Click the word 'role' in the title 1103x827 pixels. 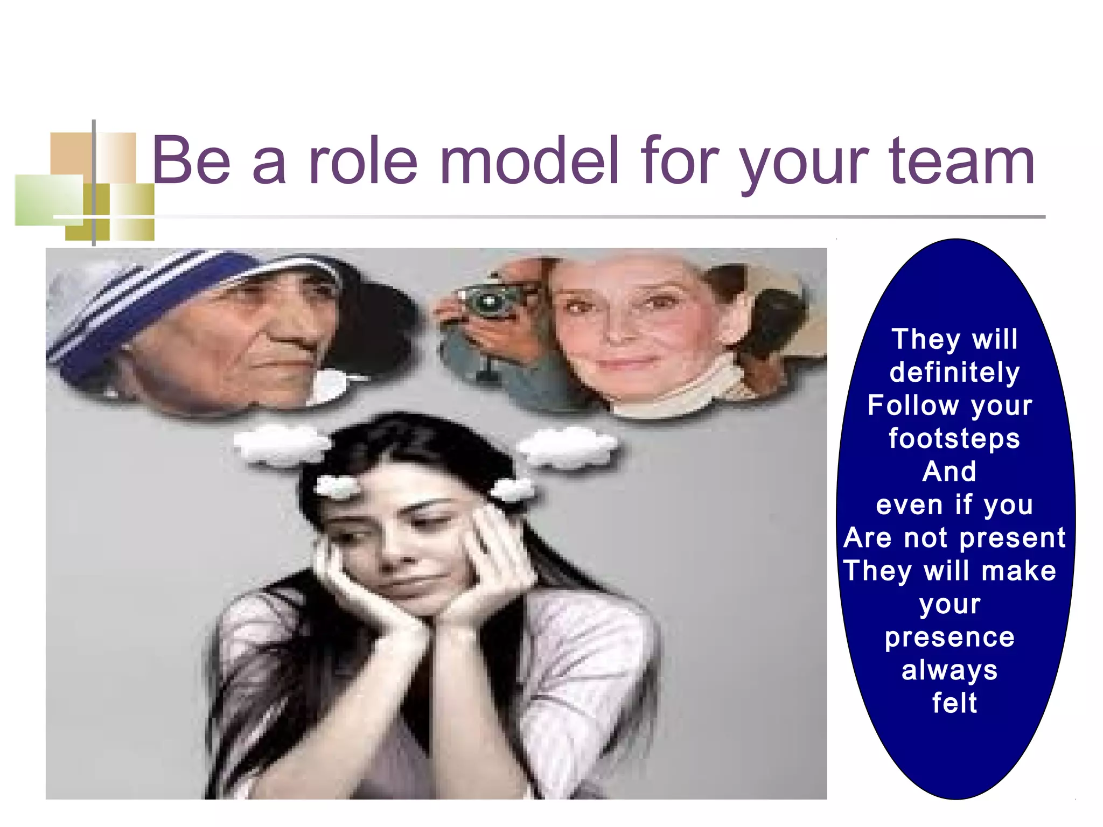click(x=363, y=160)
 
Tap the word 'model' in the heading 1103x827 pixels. click(x=529, y=160)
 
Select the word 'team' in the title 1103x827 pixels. click(x=962, y=160)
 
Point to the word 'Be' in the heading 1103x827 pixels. click(x=191, y=160)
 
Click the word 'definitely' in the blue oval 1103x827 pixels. click(x=954, y=372)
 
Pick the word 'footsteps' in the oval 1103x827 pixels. click(x=954, y=438)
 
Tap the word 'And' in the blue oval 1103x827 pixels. click(x=949, y=471)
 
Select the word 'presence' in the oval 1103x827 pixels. click(x=950, y=637)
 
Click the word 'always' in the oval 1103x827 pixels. click(x=950, y=670)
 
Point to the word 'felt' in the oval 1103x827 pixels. click(x=954, y=703)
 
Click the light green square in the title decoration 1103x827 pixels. click(x=48, y=200)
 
